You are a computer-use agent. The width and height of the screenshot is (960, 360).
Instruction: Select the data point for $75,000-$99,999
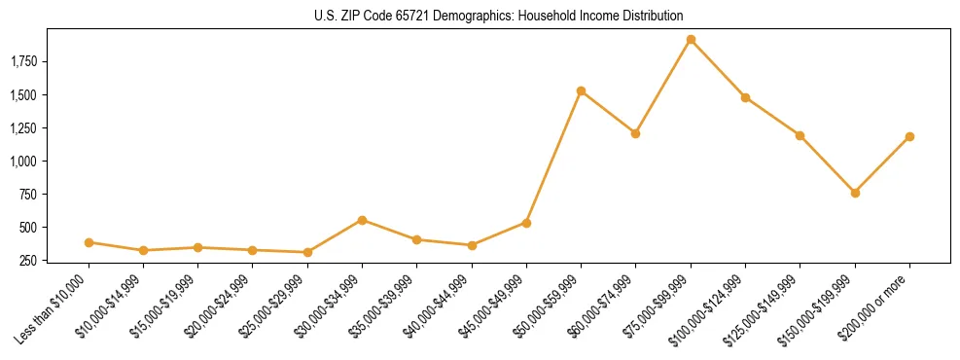pos(691,40)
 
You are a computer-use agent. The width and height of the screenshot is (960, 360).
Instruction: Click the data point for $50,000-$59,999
pos(581,90)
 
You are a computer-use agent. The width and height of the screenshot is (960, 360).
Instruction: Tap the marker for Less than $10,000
pos(89,242)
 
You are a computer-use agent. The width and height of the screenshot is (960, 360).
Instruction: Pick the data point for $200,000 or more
pos(909,136)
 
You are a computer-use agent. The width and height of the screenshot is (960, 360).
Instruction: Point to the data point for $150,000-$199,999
pos(855,193)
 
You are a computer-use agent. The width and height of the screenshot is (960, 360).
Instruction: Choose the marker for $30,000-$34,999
pos(362,220)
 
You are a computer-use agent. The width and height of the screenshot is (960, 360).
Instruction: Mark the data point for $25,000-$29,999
pos(307,252)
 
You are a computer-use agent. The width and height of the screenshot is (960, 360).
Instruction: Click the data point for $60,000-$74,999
pos(635,133)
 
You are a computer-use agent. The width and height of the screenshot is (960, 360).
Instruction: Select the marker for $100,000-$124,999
pos(745,97)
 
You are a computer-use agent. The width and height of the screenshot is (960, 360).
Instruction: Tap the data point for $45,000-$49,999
pos(526,223)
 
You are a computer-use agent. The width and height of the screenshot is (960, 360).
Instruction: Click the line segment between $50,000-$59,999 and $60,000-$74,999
pos(608,112)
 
